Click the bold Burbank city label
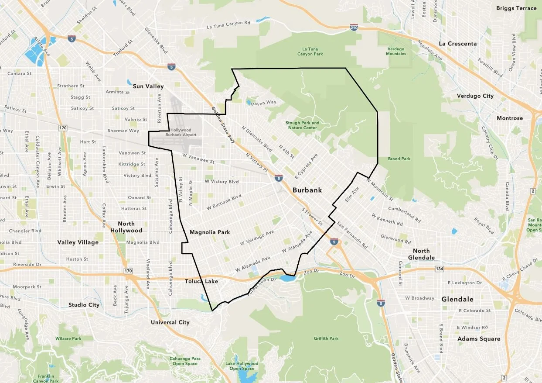307,190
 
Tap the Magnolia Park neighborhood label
210,232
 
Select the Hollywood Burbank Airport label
181,132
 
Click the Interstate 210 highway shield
354,28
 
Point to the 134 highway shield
439,269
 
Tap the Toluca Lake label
201,281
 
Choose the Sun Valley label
148,86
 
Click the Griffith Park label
326,338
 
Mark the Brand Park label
399,159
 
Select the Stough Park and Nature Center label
302,125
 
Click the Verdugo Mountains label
396,51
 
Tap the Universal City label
170,322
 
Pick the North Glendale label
421,254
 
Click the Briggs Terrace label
516,8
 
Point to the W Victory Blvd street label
222,182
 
